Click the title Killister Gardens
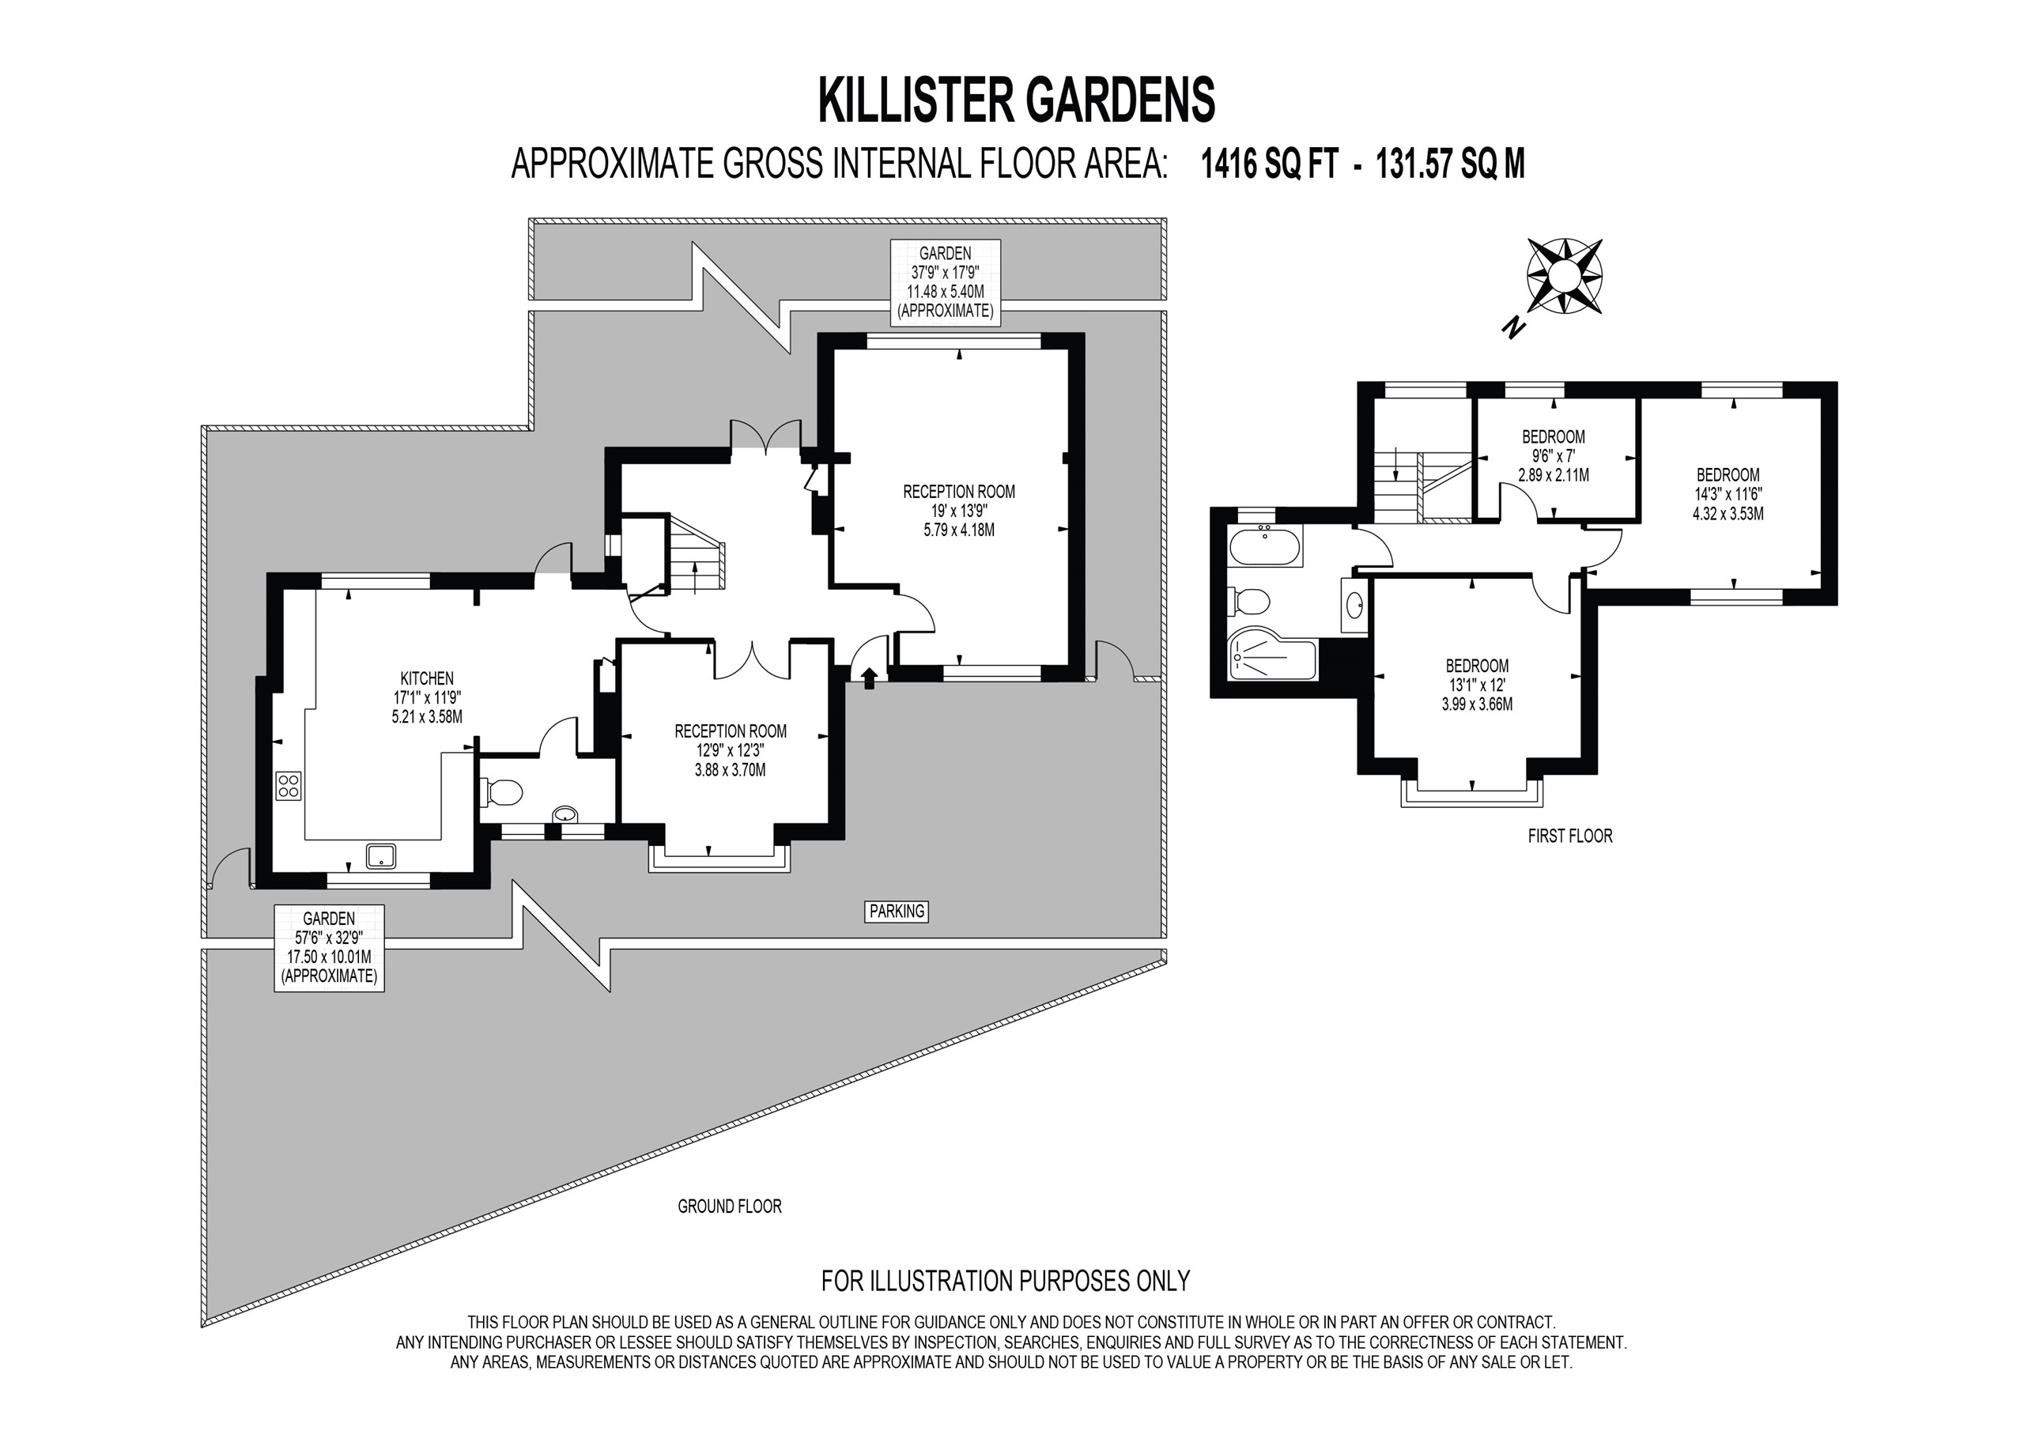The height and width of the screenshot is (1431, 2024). (x=1017, y=100)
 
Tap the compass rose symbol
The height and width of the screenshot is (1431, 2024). (x=1564, y=275)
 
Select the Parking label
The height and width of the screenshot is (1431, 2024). (x=897, y=912)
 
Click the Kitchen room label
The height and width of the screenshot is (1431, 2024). (x=427, y=697)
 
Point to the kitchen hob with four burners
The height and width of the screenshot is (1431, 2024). (x=289, y=785)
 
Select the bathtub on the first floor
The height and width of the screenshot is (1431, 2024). (x=1263, y=549)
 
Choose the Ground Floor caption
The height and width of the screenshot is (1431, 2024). (x=729, y=1206)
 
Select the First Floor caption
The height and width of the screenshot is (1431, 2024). (x=1570, y=836)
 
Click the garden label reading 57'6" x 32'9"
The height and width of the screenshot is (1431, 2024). (x=329, y=948)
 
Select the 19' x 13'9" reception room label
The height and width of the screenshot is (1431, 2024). (x=959, y=511)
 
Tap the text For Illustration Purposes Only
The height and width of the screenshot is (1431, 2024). (x=1006, y=1280)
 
